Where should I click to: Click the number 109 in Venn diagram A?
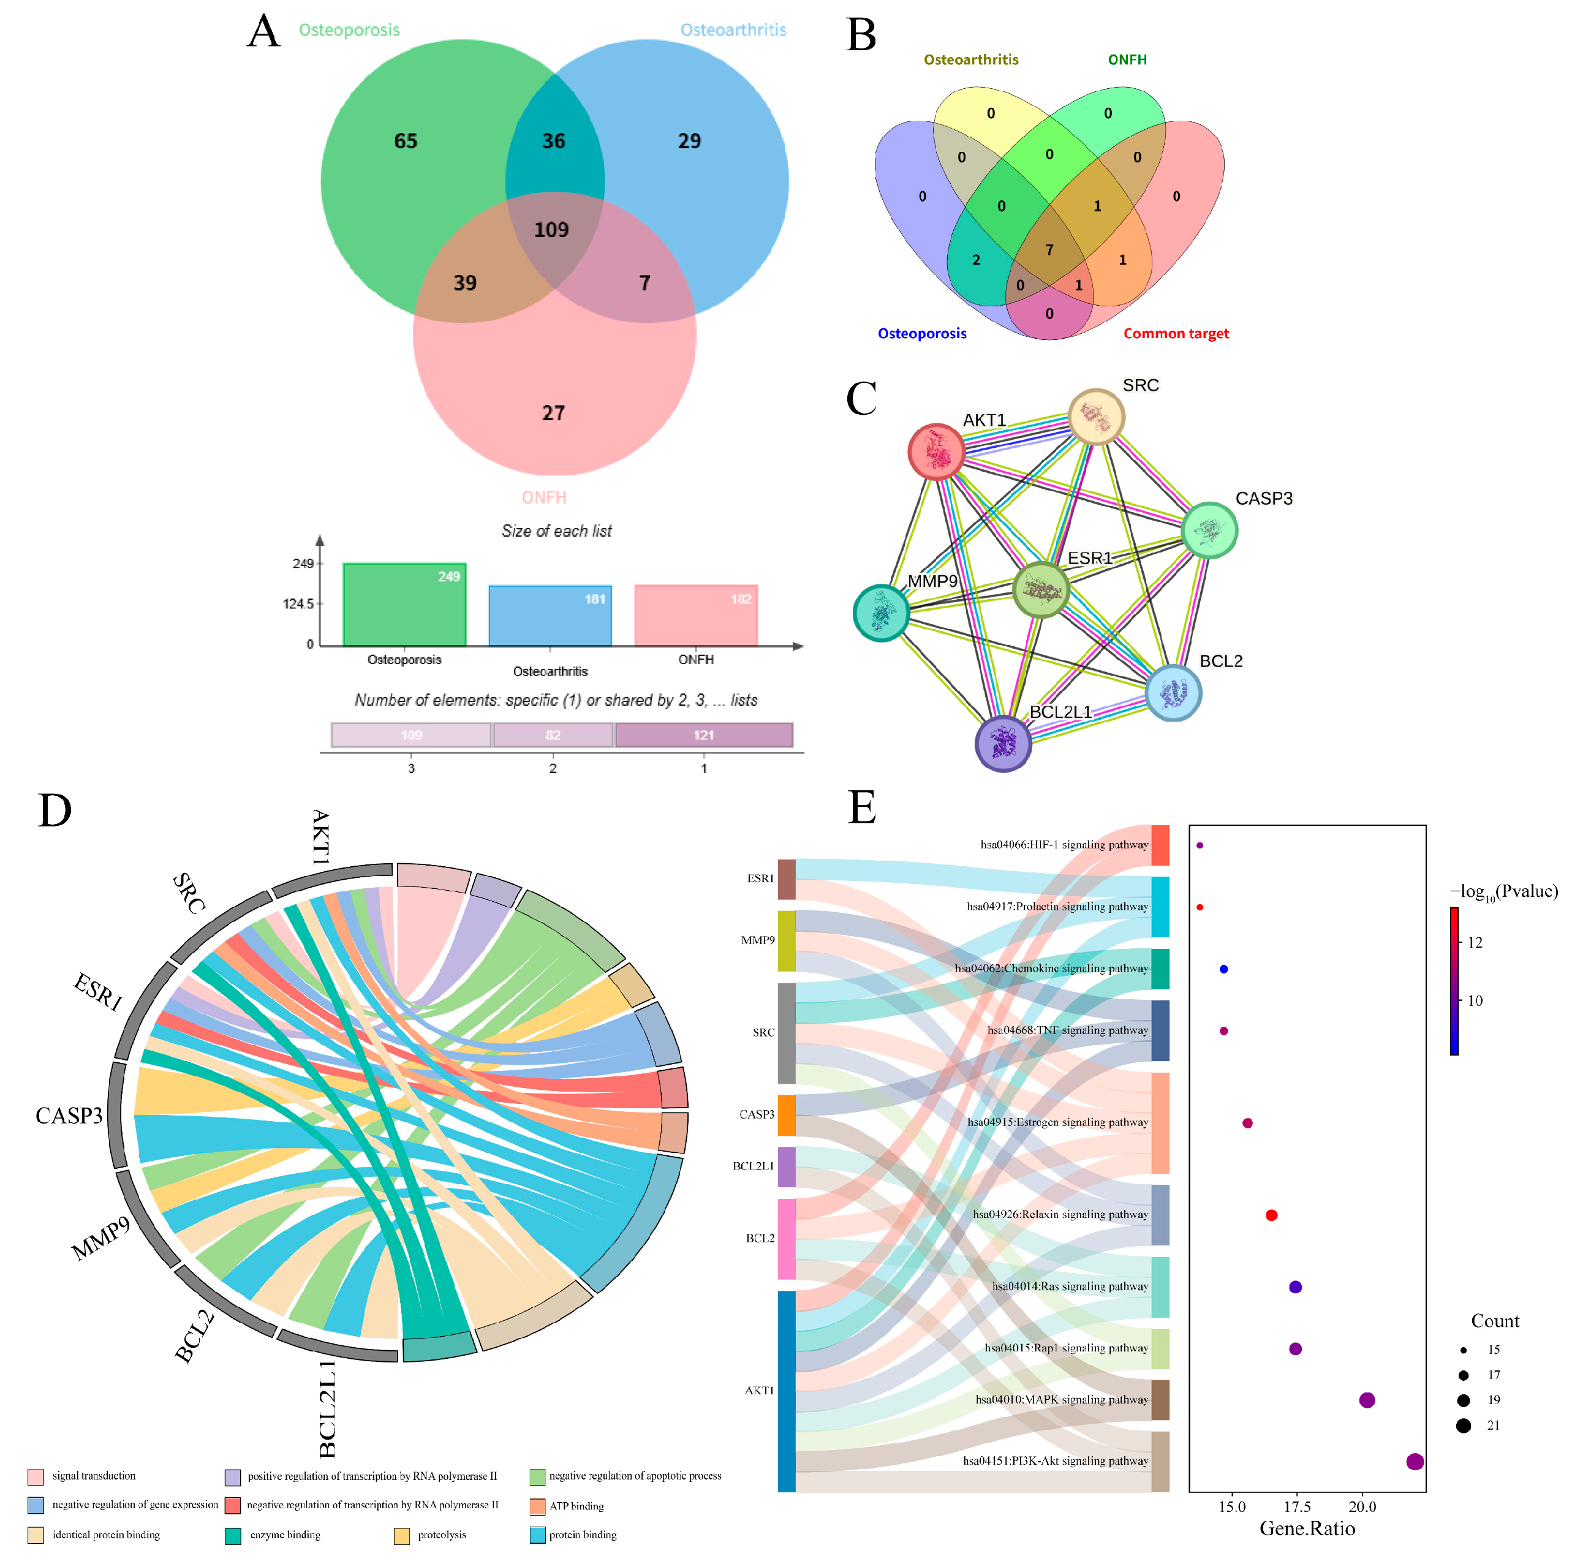coord(551,230)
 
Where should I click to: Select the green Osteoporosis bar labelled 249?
coord(404,605)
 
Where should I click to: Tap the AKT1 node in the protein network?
coord(937,451)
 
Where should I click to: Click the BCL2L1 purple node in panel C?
coord(1003,743)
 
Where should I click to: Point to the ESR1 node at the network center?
coord(1041,589)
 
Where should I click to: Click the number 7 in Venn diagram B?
coord(1049,250)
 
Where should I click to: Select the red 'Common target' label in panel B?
coord(1176,334)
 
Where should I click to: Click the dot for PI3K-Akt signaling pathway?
coord(1415,1462)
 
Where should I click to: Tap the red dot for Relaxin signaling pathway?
coord(1272,1215)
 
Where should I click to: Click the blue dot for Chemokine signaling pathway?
coord(1224,969)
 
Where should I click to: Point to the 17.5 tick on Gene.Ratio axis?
coord(1297,1507)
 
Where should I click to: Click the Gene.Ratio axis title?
coord(1307,1529)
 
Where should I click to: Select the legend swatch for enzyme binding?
coord(233,1536)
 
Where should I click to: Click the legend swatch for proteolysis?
coord(402,1536)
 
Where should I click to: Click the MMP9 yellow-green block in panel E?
coord(786,941)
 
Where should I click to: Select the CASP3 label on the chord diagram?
coord(69,1115)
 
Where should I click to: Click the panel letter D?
coord(55,810)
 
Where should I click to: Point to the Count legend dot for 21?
coord(1464,1425)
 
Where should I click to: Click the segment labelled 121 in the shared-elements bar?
coord(704,735)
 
